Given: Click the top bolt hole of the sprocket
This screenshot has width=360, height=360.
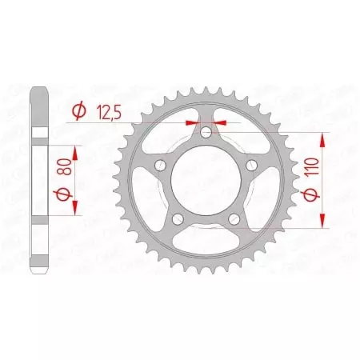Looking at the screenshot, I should (205, 133).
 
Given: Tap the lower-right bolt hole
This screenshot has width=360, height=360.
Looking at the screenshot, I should (232, 217).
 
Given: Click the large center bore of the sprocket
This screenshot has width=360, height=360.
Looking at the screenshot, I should (205, 179).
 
